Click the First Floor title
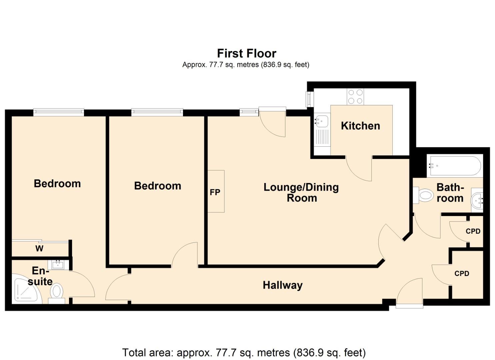[x=247, y=53]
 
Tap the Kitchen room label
[x=360, y=126]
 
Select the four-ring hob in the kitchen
[x=355, y=97]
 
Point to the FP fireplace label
[x=215, y=192]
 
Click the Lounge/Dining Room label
[x=301, y=192]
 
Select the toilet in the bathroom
[x=424, y=195]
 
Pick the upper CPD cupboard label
[x=473, y=231]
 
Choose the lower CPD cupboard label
[x=462, y=273]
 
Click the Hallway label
[x=283, y=285]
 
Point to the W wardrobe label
[x=39, y=248]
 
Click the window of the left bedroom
[x=59, y=112]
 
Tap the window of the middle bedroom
[x=157, y=112]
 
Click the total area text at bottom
[x=244, y=352]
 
